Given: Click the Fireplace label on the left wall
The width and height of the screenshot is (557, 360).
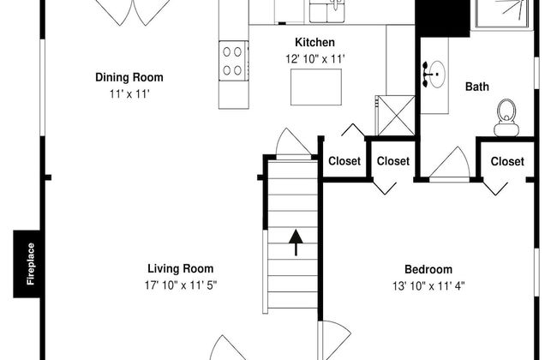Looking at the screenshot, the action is click(31, 264).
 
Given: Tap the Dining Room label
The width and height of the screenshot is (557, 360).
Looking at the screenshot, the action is click(129, 77).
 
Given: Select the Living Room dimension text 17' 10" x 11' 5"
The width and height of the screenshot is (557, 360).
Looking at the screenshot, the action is click(181, 285).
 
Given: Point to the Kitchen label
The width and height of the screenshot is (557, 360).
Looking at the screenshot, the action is click(314, 42).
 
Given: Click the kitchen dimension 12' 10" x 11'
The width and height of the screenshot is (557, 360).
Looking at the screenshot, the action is click(315, 59).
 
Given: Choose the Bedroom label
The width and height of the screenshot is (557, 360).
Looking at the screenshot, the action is click(428, 269).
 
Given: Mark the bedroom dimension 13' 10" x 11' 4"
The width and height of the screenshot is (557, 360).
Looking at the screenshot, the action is click(428, 286).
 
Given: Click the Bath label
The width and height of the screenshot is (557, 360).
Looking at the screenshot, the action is click(477, 87).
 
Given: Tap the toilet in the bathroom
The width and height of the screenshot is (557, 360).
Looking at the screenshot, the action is click(506, 117).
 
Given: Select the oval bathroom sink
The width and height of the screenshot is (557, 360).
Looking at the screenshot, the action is click(437, 75).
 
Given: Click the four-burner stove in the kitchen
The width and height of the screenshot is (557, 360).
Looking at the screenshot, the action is click(233, 61).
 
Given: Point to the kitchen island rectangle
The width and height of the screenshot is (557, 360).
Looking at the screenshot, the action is click(316, 87).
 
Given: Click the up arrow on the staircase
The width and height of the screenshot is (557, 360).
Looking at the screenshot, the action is click(296, 243).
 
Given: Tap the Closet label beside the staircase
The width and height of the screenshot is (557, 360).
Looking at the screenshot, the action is click(344, 161).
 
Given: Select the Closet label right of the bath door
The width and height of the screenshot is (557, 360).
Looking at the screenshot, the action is click(507, 161).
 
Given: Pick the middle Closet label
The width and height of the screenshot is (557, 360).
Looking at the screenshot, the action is click(392, 161).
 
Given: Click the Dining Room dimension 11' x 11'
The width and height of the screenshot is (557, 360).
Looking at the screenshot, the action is click(129, 94).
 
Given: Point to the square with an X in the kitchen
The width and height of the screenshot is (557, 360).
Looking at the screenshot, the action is click(396, 116).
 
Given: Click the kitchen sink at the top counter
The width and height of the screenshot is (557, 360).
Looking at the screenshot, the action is click(327, 10).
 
